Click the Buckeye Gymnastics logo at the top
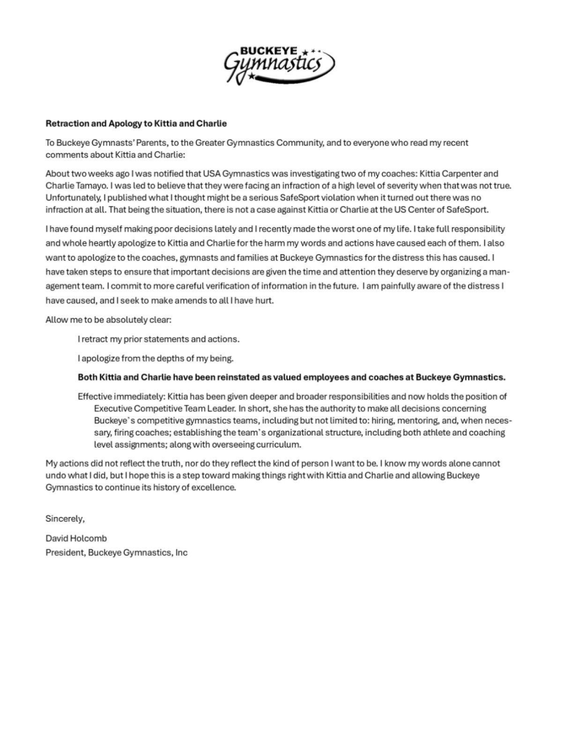pyautogui.click(x=280, y=63)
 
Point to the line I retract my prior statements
pyautogui.click(x=159, y=339)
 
